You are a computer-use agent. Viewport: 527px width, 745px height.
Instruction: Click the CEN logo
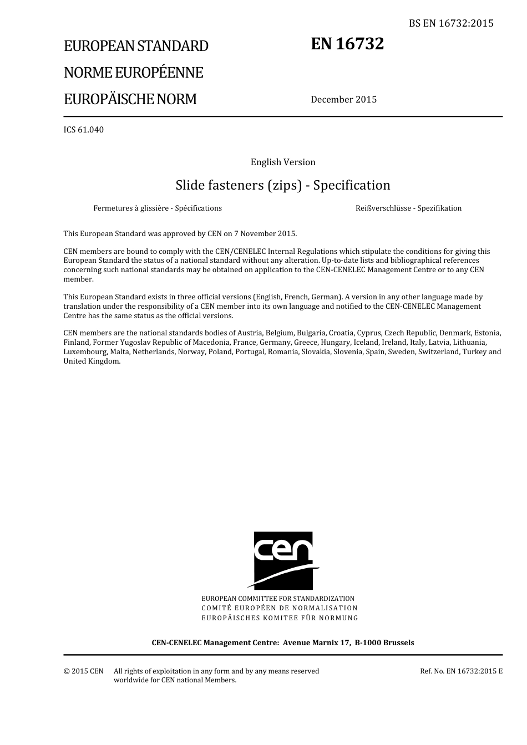pos(283,560)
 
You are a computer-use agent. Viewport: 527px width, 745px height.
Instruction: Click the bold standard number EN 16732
pos(347,44)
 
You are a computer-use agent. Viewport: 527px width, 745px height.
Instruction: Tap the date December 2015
pos(343,100)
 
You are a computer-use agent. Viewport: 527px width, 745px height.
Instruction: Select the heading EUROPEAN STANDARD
pos(136,46)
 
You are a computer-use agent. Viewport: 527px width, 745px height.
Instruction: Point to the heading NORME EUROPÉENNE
pos(133,73)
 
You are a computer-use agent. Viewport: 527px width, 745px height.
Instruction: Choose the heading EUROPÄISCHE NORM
pos(130,99)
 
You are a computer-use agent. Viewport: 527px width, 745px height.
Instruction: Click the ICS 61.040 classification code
pos(83,130)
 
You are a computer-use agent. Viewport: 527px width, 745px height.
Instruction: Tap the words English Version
pos(283,162)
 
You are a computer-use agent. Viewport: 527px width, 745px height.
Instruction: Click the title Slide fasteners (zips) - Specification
pos(283,185)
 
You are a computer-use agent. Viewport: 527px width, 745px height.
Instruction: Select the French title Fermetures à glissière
pos(158,208)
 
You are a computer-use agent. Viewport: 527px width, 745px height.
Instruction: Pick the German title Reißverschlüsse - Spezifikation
pos(408,208)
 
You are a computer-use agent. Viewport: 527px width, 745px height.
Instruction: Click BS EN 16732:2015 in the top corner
pos(451,23)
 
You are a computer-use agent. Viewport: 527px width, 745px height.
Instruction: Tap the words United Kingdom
pos(92,361)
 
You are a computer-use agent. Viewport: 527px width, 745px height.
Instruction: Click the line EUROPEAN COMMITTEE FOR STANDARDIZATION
pos(278,599)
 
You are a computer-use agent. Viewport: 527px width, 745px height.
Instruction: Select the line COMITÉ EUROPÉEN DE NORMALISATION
pos(280,608)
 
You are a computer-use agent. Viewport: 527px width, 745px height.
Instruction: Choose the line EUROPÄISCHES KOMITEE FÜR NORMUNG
pos(280,618)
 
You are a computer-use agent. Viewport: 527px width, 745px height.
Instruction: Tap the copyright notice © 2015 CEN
pos(83,671)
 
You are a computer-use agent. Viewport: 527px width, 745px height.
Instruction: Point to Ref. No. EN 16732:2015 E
pos(461,671)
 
